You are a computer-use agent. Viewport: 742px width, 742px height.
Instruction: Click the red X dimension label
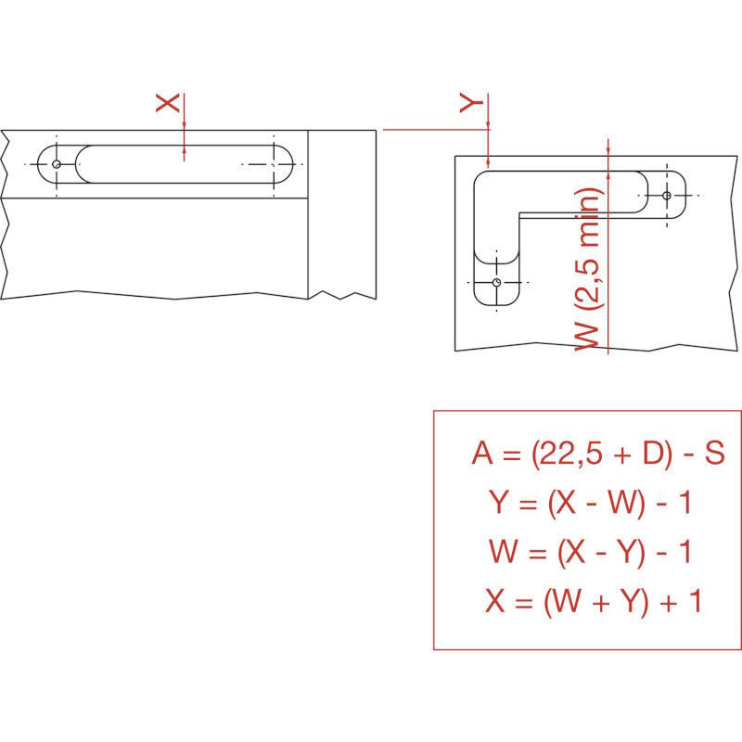click(168, 103)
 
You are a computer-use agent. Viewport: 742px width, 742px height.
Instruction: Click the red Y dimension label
click(471, 103)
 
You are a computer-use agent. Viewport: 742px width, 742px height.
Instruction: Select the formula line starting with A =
click(598, 454)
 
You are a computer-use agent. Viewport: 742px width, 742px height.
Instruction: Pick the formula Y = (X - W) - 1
click(590, 503)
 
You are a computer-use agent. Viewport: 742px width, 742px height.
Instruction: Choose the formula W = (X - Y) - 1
click(590, 552)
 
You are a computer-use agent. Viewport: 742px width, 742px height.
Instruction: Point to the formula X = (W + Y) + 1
click(593, 601)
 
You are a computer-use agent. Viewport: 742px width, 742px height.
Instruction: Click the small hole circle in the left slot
click(57, 164)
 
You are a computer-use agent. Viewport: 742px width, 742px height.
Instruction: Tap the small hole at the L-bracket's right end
click(667, 196)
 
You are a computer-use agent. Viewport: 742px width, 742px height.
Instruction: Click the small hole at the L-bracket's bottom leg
click(496, 283)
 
